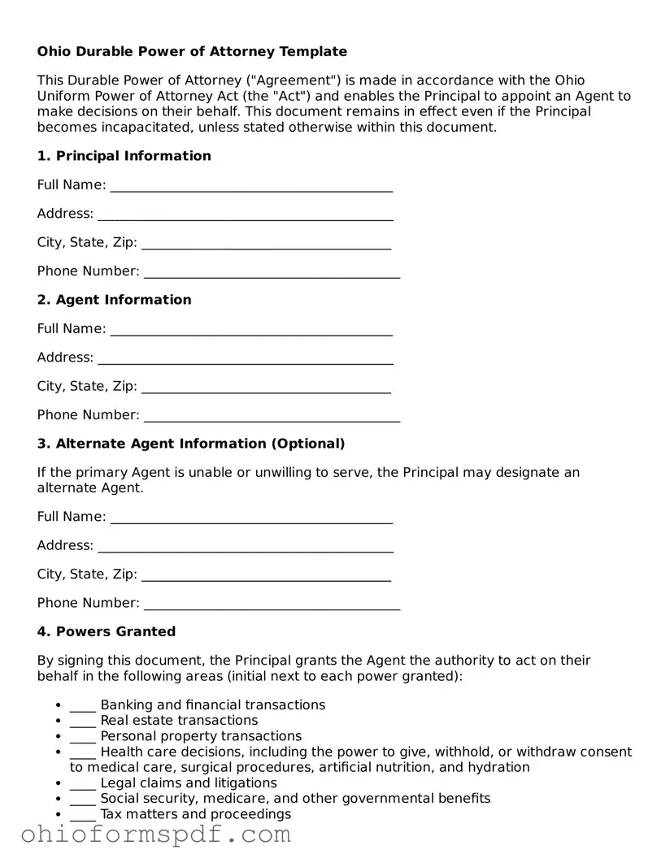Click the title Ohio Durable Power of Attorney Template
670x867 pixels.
[x=192, y=51]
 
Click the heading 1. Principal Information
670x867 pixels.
[x=124, y=156]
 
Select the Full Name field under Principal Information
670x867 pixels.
[x=251, y=186]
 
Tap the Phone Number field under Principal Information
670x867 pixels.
[x=272, y=272]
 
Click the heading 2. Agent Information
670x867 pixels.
[x=114, y=300]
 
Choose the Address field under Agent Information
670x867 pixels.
[x=245, y=358]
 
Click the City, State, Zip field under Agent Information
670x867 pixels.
[x=266, y=388]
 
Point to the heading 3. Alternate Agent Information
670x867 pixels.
[x=191, y=444]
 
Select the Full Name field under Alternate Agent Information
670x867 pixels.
[x=251, y=518]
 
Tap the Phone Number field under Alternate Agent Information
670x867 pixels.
[x=272, y=604]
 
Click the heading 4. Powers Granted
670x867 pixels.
[x=106, y=631]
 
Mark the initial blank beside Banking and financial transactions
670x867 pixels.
[x=83, y=706]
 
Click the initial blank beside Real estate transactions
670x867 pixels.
[x=83, y=722]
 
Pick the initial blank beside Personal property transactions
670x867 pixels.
[x=83, y=737]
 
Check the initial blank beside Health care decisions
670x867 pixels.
[x=83, y=752]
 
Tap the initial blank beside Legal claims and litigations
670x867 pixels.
[x=83, y=784]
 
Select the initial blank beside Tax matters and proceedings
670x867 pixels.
[x=83, y=815]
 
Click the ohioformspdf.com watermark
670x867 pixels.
[x=155, y=834]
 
